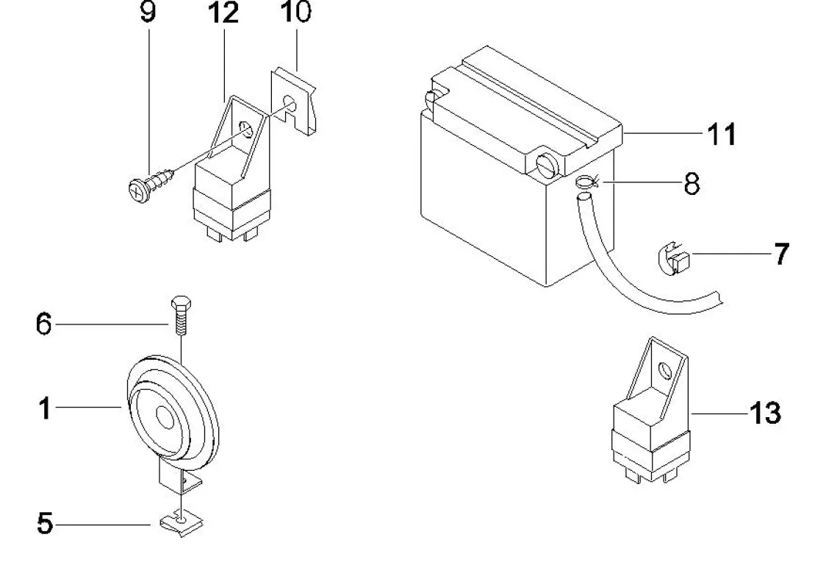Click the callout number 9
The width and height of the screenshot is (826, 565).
pos(148,14)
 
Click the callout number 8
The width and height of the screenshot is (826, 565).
pos(692,183)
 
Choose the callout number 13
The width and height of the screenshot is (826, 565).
pos(764,413)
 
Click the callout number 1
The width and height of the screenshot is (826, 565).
pos(44,407)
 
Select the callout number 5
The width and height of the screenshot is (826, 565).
pos(44,525)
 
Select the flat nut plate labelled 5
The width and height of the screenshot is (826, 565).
pos(181,523)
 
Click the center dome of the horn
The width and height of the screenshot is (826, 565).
pos(163,419)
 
